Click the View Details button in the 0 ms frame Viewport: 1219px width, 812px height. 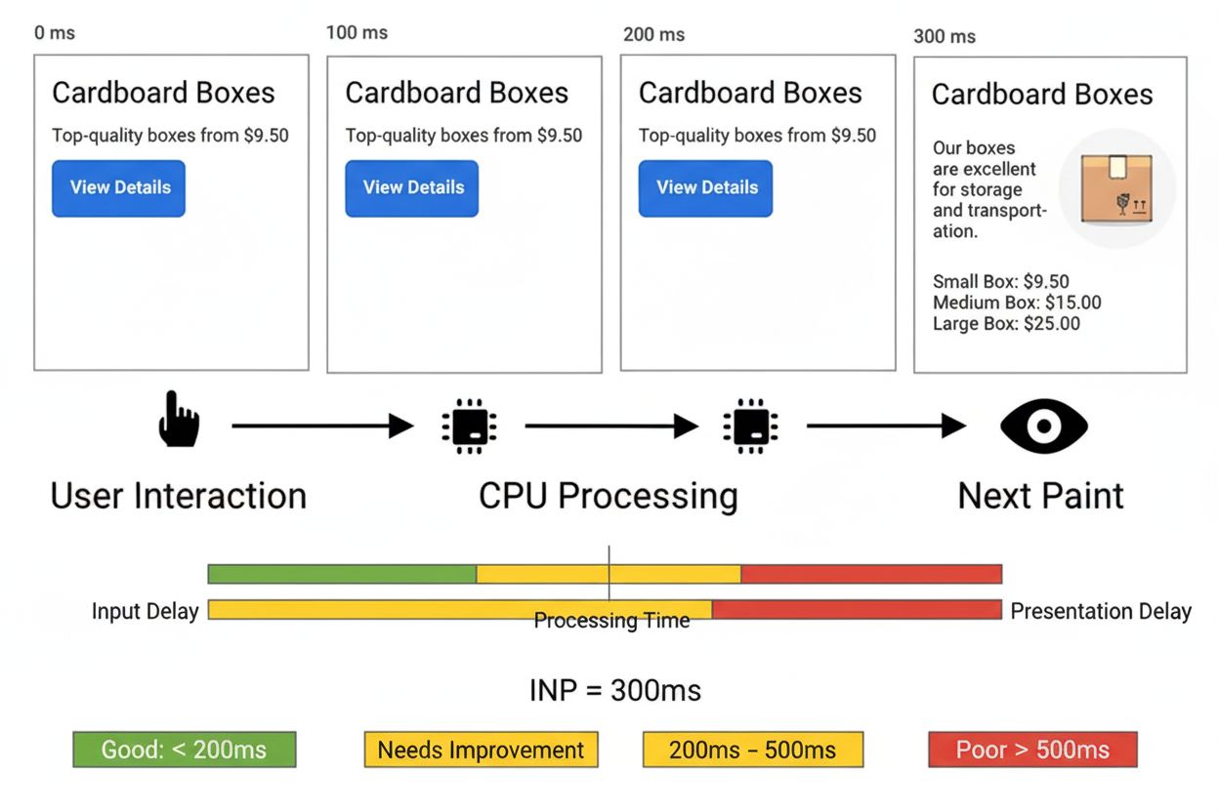pos(118,187)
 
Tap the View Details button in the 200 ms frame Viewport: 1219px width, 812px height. pos(705,187)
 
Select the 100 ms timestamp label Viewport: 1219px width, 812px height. pos(357,33)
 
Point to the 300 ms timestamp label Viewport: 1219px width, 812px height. pos(944,37)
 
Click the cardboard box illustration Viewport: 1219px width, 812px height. pos(1116,187)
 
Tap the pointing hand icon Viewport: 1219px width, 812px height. pos(179,420)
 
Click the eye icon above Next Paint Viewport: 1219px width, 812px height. pos(1043,426)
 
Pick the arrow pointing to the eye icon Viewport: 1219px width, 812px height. pos(885,426)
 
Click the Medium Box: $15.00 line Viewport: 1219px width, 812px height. pos(1016,303)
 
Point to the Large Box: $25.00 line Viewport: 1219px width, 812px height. pos(1006,324)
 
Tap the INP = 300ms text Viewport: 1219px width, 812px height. pos(614,691)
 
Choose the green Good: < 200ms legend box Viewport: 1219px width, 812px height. pos(184,750)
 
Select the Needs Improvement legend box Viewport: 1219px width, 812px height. pos(481,750)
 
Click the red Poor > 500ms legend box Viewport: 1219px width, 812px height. pos(1031,750)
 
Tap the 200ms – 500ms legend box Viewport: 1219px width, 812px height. pos(752,750)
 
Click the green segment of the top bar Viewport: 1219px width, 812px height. pos(342,574)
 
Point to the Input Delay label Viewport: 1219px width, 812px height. pos(145,611)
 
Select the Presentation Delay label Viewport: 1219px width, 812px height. pos(1100,611)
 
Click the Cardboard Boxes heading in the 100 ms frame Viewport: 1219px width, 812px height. pos(456,93)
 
